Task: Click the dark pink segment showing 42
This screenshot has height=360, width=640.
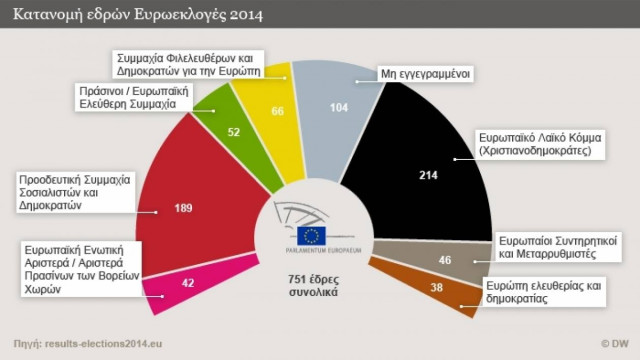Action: pos(188,282)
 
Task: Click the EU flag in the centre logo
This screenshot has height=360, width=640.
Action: pos(312,235)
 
